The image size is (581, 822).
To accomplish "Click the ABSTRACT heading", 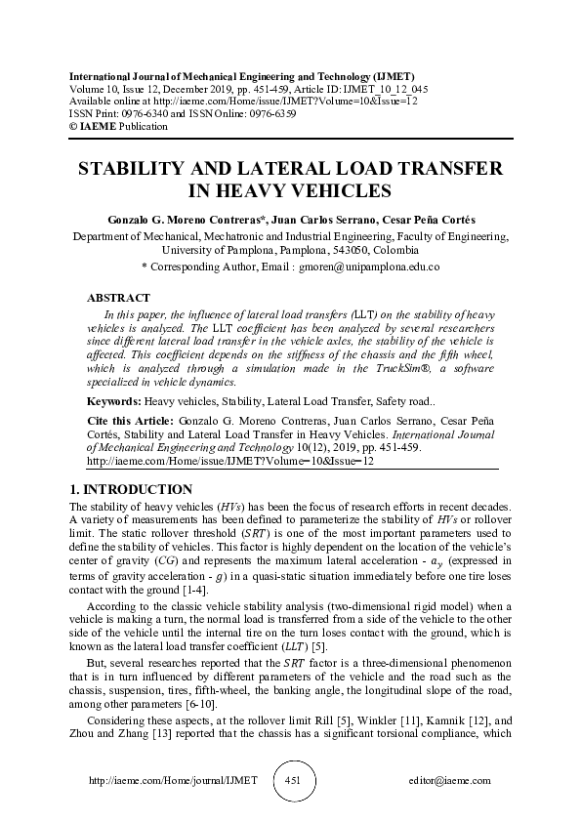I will tap(118, 298).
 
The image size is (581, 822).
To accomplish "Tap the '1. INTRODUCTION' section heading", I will tap(130, 489).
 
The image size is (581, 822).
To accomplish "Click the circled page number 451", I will tap(293, 781).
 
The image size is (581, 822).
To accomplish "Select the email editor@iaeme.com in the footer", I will tap(450, 781).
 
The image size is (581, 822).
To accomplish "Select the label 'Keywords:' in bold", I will tap(114, 400).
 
